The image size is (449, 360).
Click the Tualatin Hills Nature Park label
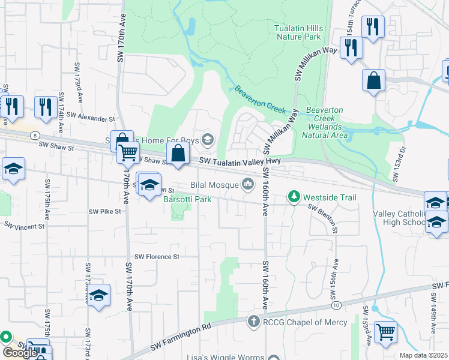(x=299, y=32)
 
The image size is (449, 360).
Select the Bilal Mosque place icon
(x=247, y=184)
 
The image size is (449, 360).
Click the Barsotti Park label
(x=187, y=199)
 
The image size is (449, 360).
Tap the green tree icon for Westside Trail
(x=294, y=197)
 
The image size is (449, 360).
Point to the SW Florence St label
(x=157, y=257)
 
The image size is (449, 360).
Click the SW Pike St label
(x=105, y=211)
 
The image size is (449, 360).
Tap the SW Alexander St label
(x=90, y=117)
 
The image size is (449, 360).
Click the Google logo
(x=20, y=353)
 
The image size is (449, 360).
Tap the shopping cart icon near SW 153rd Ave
(x=385, y=331)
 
